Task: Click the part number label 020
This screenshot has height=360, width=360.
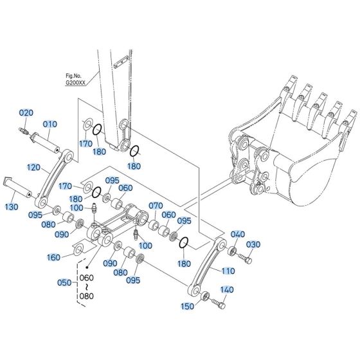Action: pyautogui.click(x=25, y=113)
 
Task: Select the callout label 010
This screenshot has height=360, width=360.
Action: pyautogui.click(x=50, y=123)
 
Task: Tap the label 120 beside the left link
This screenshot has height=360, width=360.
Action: pyautogui.click(x=34, y=167)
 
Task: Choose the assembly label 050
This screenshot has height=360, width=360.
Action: pyautogui.click(x=65, y=282)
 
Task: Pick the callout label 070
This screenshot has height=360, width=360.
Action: pyautogui.click(x=156, y=206)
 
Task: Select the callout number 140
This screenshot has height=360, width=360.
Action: pyautogui.click(x=227, y=291)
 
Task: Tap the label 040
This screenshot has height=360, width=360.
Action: pyautogui.click(x=237, y=233)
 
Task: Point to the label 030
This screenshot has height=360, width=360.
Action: pyautogui.click(x=254, y=244)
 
